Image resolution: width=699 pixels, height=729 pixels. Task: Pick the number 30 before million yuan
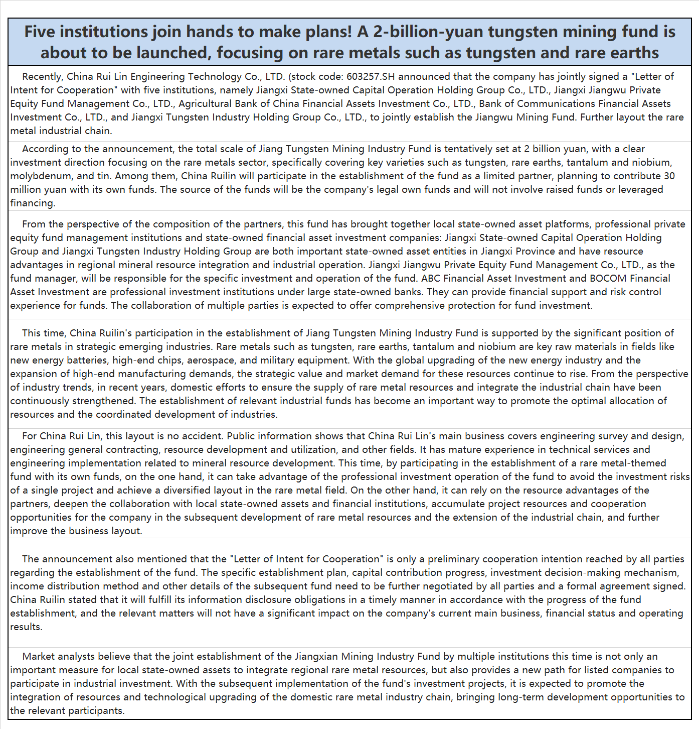(669, 176)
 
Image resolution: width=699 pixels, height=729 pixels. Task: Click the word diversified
(187, 491)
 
